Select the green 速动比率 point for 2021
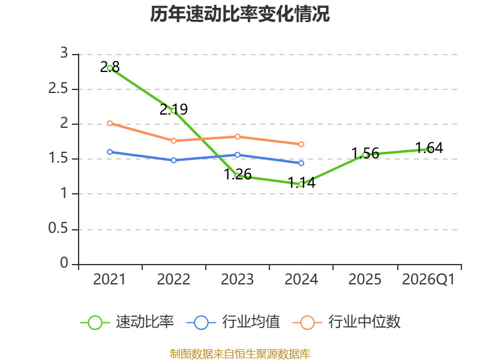110,68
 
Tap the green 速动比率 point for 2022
173,110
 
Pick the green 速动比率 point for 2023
238,176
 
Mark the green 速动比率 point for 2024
301,184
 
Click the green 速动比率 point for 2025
365,155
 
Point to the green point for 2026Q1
429,149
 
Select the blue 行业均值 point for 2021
110,152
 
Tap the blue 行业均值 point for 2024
301,163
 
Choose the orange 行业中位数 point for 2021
110,123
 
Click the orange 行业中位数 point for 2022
173,140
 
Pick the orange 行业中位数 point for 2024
301,144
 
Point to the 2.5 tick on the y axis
62,89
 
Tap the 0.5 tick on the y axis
62,230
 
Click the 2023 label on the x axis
238,280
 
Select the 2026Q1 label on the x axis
429,280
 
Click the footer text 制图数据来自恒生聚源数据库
240,353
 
